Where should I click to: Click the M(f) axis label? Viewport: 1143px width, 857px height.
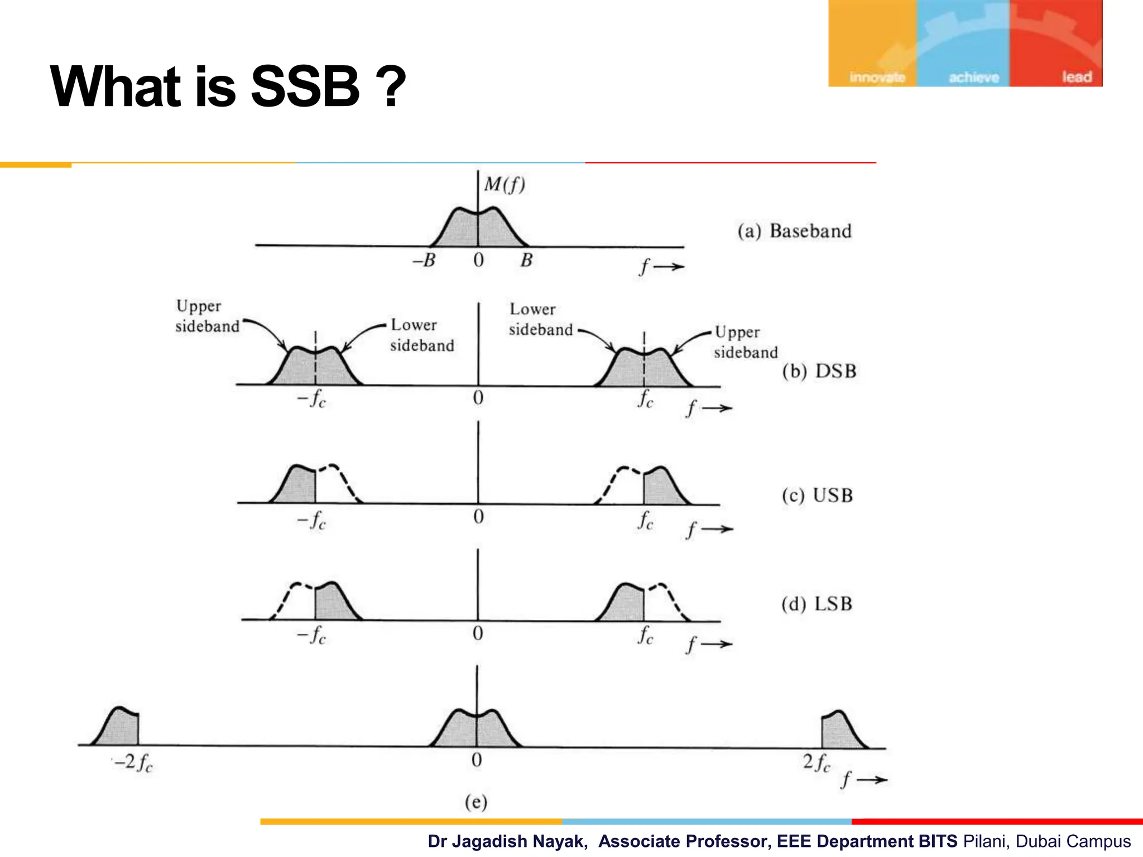click(505, 184)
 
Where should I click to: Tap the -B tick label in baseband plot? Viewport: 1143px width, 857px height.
click(424, 260)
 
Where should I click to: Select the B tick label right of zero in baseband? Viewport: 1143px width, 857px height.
click(526, 260)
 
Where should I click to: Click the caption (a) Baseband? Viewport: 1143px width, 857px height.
click(794, 231)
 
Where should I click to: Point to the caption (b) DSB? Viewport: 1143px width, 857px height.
click(819, 371)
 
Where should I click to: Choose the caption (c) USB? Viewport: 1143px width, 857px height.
click(817, 495)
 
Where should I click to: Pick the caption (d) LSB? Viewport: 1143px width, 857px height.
click(817, 604)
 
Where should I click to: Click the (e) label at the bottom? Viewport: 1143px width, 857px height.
click(476, 802)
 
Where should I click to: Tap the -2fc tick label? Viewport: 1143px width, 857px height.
click(133, 763)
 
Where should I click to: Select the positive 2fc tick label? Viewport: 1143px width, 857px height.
click(817, 762)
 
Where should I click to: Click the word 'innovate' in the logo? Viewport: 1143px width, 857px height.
click(877, 78)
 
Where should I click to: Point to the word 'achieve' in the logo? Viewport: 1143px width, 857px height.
click(974, 78)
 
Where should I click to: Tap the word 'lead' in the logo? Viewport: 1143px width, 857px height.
click(1077, 77)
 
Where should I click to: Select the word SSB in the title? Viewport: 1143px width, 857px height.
click(305, 87)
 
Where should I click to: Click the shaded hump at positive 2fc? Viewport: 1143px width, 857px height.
click(841, 731)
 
